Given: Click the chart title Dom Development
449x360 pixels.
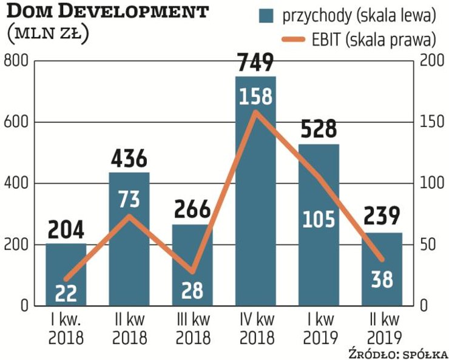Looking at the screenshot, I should [107, 12].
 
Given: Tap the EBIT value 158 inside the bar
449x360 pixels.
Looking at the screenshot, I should [255, 97].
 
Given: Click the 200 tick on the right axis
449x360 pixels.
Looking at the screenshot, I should [431, 61].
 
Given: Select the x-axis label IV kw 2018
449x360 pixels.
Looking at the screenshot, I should [255, 328].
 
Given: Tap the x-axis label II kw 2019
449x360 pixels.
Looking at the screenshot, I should [382, 328].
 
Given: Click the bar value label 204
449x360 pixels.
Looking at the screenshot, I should [66, 231].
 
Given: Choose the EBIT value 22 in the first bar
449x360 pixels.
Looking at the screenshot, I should [66, 293].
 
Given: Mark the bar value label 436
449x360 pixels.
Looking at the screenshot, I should [129, 159].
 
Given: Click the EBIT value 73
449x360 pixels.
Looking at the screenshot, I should [129, 199].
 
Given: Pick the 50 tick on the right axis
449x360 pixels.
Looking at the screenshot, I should [428, 245].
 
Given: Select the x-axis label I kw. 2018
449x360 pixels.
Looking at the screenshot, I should [66, 328].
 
